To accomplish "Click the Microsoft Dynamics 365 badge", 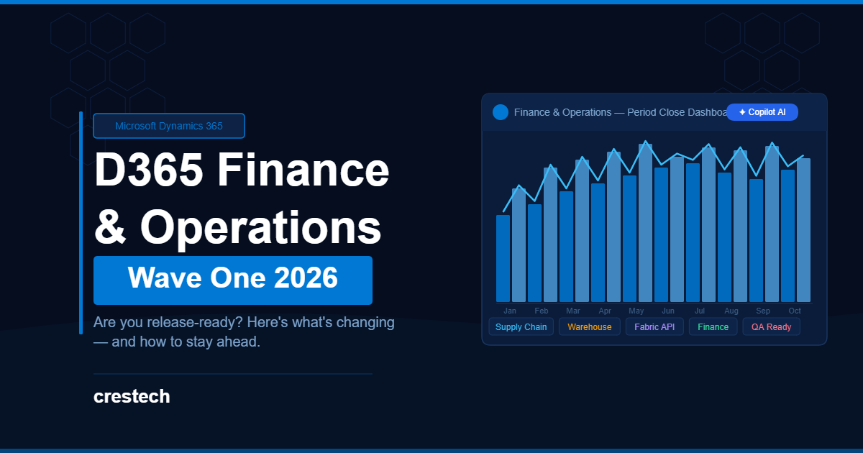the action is tap(169, 126).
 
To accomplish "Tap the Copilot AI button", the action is tap(762, 112).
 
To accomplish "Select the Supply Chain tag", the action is tap(521, 326).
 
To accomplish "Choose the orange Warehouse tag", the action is tap(590, 326).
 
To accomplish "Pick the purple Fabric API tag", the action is tap(654, 326).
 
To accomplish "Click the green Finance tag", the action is tap(713, 326).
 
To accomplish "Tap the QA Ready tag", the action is tap(771, 326).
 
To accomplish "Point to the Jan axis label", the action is tap(510, 311).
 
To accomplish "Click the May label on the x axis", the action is tap(636, 311).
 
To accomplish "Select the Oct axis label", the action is tap(795, 311).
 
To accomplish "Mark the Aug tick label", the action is tap(731, 311).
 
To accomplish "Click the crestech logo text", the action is tap(132, 396).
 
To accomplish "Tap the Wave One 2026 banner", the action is tap(233, 280).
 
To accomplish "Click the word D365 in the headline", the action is tap(149, 170).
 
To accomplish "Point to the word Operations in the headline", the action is tap(261, 228).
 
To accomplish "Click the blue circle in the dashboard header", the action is tap(501, 112).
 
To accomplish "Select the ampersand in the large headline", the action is tap(110, 227).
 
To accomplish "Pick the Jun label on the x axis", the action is tap(668, 311).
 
